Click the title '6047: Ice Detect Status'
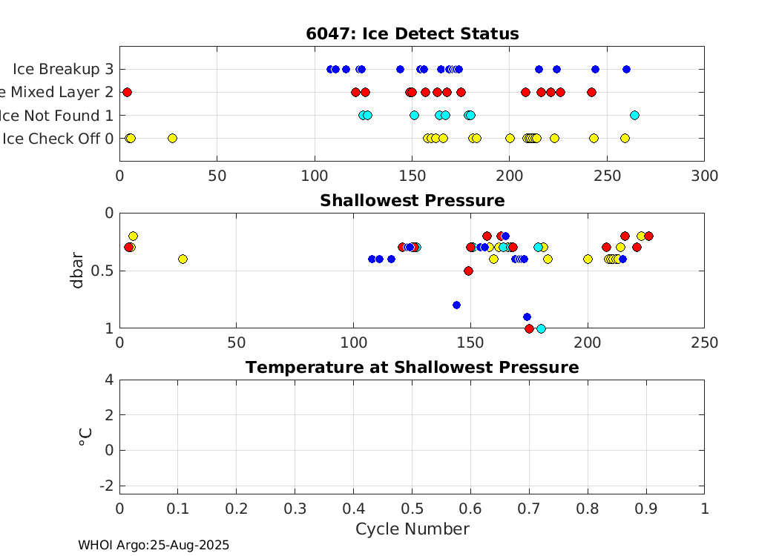coord(412,34)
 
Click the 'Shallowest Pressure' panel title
coord(412,201)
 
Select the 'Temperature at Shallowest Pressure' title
coord(412,368)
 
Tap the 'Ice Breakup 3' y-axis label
coord(63,69)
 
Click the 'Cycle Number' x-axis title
coord(412,529)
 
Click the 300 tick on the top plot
coord(703,176)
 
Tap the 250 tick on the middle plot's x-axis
coord(703,343)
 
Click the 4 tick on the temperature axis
coord(109,380)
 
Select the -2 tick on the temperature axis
coord(106,485)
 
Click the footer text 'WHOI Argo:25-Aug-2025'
coord(154,545)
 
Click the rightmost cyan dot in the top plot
coord(634,115)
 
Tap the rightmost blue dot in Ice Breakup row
coord(626,69)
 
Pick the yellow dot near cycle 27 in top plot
coord(172,138)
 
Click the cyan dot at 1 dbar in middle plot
coord(541,328)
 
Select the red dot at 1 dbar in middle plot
coord(529,328)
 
